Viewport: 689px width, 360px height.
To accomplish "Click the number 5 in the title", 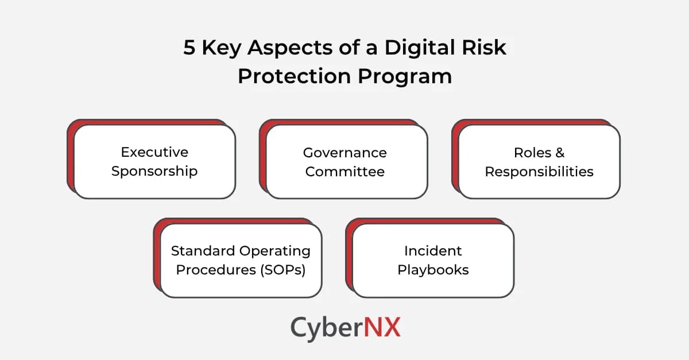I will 189,48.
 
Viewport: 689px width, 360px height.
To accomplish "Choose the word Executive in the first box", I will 154,152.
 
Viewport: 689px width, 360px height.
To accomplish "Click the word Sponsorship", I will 154,171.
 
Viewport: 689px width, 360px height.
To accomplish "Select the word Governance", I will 344,152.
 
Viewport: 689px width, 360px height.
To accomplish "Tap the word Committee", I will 344,171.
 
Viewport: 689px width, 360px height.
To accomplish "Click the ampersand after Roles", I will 560,152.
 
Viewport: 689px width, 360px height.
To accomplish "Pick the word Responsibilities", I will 539,171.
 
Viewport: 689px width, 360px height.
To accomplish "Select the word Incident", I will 433,250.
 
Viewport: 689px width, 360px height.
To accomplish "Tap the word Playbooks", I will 433,269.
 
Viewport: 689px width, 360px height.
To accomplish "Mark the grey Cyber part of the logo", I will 324,327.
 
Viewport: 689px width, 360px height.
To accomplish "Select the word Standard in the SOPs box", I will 204,250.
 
